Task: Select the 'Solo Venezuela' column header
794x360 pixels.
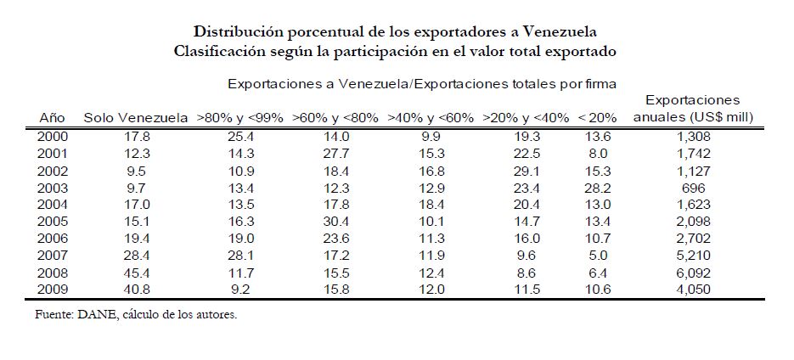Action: pos(135,117)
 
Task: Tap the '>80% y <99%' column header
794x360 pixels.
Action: pos(239,117)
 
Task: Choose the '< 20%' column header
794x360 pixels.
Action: pos(598,117)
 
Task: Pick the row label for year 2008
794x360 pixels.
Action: pos(53,273)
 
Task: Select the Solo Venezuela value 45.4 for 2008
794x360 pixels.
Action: pos(135,273)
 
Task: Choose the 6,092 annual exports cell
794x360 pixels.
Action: pos(693,273)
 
